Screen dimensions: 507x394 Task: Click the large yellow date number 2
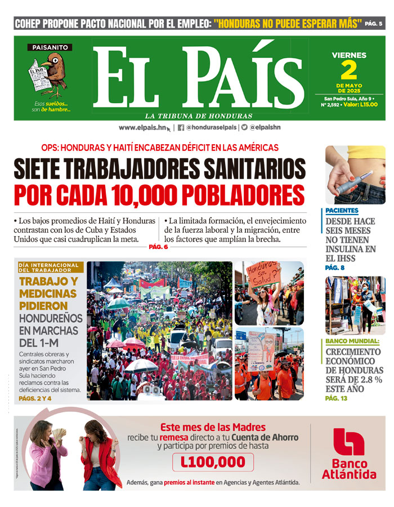coord(349,70)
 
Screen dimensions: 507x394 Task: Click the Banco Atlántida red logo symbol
coord(348,442)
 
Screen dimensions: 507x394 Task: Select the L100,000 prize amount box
coord(213,462)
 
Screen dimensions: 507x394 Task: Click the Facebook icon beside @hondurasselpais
coord(181,127)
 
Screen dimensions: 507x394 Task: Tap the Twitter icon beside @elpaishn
coord(244,127)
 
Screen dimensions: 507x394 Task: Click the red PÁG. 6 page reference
coord(159,247)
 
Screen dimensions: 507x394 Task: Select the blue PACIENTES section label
coord(342,210)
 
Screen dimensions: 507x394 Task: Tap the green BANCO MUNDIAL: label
coord(352,341)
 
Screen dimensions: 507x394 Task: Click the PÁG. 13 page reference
coord(336,398)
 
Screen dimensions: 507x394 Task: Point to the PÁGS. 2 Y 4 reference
coord(35,398)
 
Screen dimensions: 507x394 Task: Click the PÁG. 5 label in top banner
coord(373,24)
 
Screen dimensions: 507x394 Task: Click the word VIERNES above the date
coord(349,55)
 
